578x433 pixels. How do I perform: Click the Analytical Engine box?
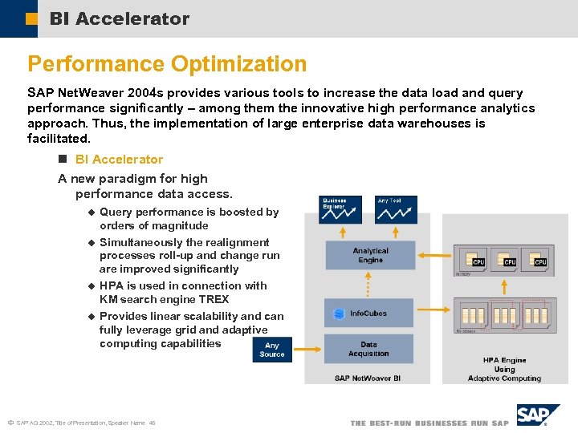(x=369, y=255)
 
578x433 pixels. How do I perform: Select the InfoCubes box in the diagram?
(x=369, y=314)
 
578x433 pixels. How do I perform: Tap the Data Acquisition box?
(x=369, y=349)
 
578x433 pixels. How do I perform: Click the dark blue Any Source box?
(x=272, y=350)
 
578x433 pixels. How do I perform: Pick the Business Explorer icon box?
(x=340, y=210)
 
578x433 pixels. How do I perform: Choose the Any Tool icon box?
(x=397, y=210)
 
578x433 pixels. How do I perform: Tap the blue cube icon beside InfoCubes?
(x=340, y=314)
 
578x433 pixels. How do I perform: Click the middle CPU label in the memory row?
(x=509, y=262)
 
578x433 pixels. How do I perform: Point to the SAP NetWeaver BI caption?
(x=368, y=378)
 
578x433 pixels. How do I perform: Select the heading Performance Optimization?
(x=167, y=64)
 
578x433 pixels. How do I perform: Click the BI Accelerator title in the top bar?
(x=119, y=18)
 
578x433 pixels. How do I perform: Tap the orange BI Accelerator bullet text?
(x=119, y=160)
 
